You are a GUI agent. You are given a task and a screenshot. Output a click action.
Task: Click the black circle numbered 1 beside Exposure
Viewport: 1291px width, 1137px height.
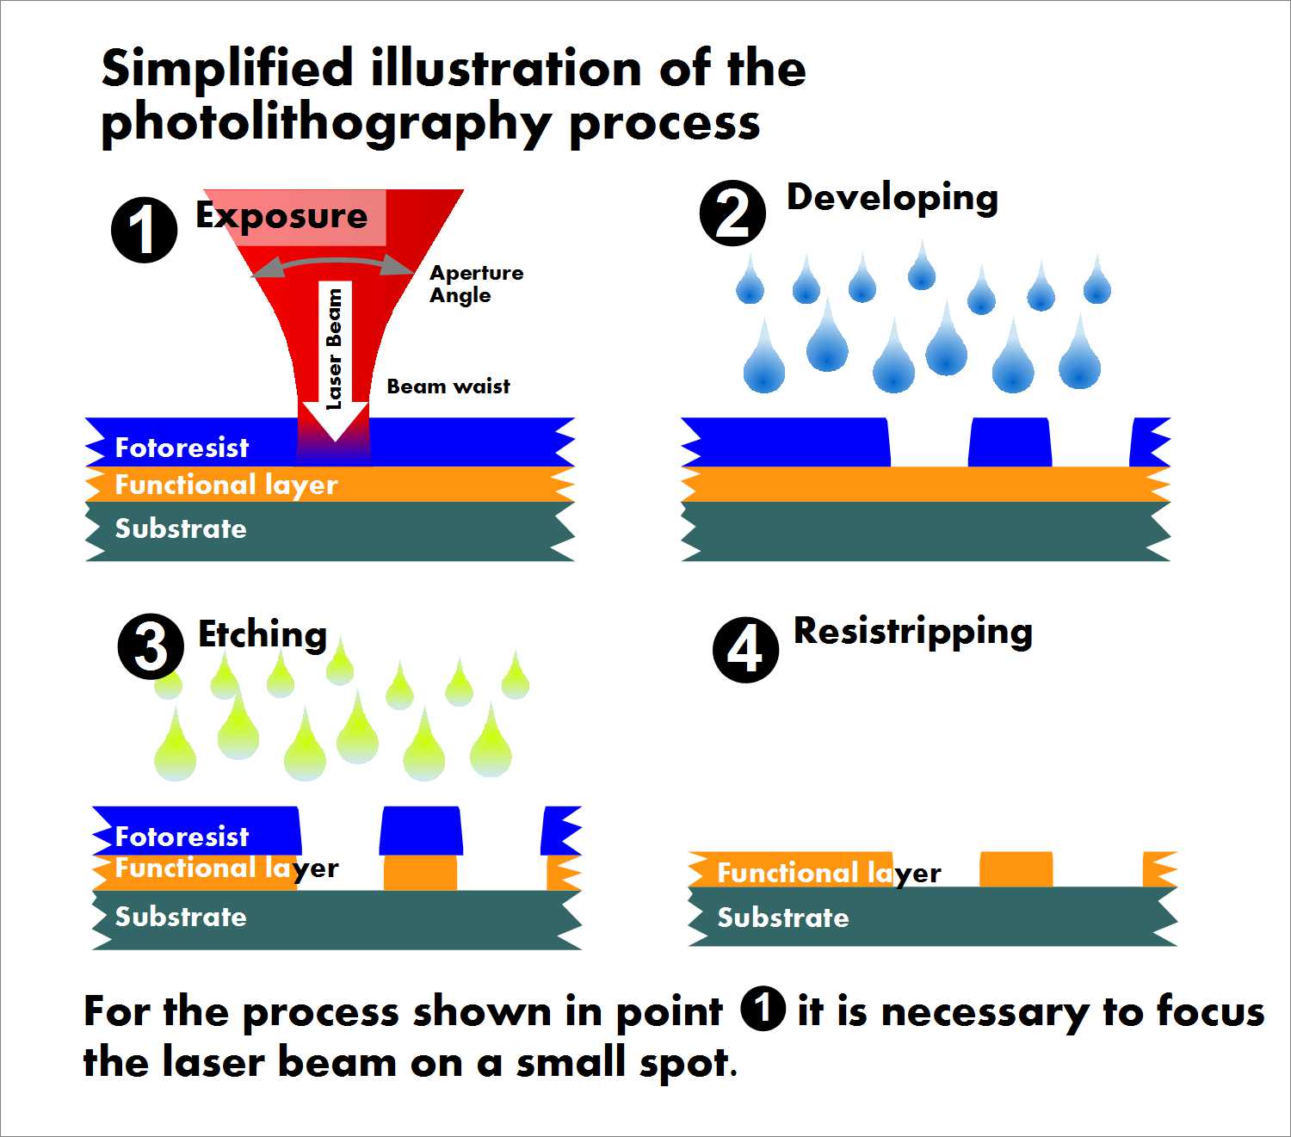(144, 230)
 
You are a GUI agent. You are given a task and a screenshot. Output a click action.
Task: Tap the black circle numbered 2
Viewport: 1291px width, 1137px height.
(732, 213)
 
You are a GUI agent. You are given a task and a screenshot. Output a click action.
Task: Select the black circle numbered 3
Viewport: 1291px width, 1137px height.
(151, 646)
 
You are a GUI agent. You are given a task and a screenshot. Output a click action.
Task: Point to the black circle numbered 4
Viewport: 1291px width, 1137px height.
(745, 650)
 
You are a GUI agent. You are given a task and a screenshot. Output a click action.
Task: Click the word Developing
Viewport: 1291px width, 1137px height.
(893, 199)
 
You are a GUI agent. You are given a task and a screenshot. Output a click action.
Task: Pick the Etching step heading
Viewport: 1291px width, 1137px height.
(263, 634)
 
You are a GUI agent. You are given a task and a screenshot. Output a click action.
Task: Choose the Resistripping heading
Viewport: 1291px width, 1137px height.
(913, 633)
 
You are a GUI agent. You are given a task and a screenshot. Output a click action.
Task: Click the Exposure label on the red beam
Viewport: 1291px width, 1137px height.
(281, 215)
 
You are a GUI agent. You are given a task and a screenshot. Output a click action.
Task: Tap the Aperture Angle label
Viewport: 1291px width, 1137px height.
(476, 284)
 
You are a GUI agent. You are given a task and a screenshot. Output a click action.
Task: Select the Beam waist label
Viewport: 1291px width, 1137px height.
(448, 386)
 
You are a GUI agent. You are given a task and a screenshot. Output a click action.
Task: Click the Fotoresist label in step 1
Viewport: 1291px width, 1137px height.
(182, 448)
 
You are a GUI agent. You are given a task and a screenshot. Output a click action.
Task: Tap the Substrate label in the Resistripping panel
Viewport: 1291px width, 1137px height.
(783, 918)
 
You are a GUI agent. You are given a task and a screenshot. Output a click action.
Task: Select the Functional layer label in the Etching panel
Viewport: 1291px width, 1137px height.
(227, 868)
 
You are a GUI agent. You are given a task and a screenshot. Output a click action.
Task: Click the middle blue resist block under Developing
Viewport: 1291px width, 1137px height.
(1010, 442)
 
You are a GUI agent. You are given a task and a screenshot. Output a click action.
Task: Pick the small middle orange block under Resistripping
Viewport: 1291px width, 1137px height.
(1016, 868)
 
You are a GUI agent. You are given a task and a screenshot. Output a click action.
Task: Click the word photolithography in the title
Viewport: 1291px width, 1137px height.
(326, 123)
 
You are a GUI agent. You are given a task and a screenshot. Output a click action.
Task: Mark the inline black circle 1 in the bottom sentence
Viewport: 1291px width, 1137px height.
(762, 1009)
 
